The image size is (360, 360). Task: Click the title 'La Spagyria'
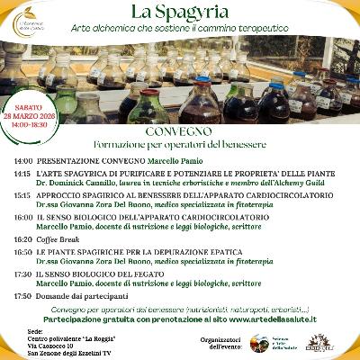180,13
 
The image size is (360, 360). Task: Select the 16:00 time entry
22,217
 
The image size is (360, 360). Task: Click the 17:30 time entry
22,274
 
